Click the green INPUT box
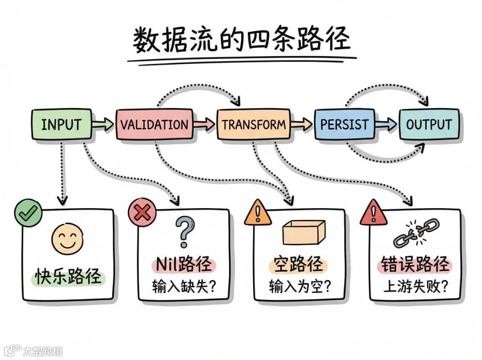click(62, 124)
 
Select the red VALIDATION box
click(154, 124)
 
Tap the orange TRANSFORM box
click(253, 124)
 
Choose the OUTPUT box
click(429, 124)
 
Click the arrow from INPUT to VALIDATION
click(104, 124)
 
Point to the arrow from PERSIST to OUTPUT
click(385, 124)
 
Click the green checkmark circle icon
click(28, 213)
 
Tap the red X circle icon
click(142, 213)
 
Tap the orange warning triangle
click(258, 213)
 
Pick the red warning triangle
click(373, 213)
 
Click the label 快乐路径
click(69, 278)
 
